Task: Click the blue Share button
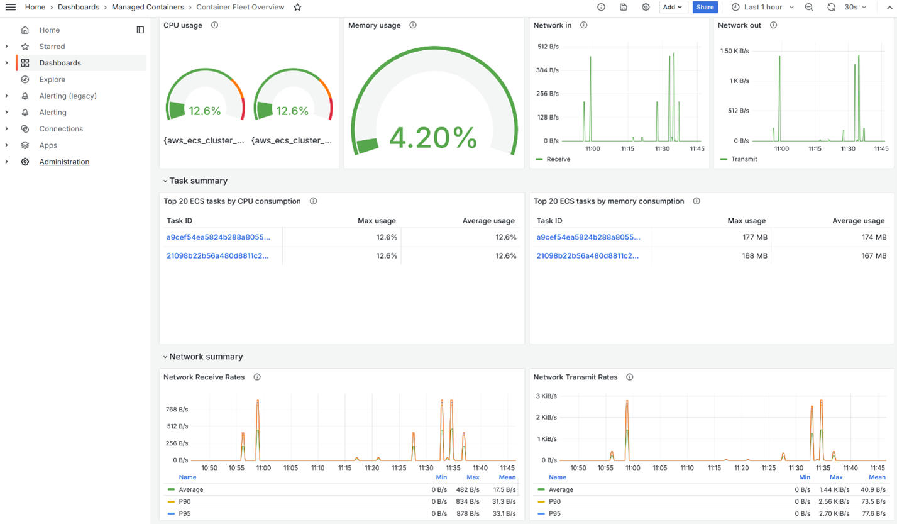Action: point(705,7)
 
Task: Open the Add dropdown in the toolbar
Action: point(672,7)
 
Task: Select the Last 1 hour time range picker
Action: point(762,7)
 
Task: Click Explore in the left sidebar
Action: point(52,79)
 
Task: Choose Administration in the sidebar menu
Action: point(64,162)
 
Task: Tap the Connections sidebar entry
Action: point(61,129)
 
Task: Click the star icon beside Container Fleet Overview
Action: point(297,7)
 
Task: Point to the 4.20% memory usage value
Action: point(432,138)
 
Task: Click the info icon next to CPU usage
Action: point(214,25)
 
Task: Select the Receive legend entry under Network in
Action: point(558,159)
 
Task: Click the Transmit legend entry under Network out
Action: point(744,159)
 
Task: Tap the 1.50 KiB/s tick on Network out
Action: point(734,51)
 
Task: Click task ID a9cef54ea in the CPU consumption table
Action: point(218,237)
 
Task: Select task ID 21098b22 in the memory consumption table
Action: point(588,256)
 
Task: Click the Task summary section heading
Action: point(198,181)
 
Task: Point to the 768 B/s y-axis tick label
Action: point(177,410)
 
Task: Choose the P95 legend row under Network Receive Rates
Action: point(184,514)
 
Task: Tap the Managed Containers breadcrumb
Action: point(148,7)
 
